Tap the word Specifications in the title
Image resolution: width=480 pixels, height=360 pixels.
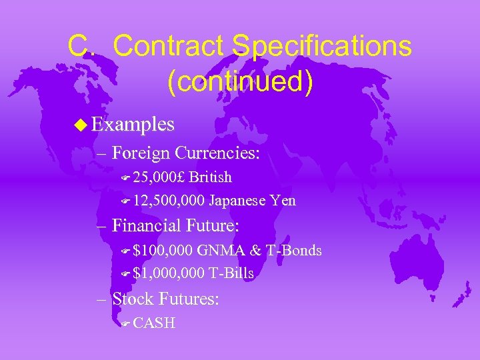[x=321, y=47]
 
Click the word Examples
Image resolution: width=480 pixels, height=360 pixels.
[x=133, y=124]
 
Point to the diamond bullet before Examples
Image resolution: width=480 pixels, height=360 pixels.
[x=80, y=124]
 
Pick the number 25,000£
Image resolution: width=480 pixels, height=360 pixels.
[x=160, y=177]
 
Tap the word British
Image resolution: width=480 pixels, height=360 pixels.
[x=211, y=177]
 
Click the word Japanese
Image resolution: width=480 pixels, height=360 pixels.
[x=238, y=201]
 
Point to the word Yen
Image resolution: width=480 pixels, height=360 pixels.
[x=283, y=201]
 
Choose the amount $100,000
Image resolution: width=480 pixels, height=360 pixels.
[x=163, y=251]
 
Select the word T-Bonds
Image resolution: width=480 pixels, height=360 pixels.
[x=294, y=251]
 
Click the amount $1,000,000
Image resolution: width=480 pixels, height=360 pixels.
[x=169, y=273]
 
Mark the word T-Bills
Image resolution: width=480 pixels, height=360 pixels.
[x=231, y=273]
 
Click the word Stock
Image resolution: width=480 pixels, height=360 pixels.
[x=133, y=299]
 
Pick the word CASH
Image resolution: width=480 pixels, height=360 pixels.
[x=154, y=323]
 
